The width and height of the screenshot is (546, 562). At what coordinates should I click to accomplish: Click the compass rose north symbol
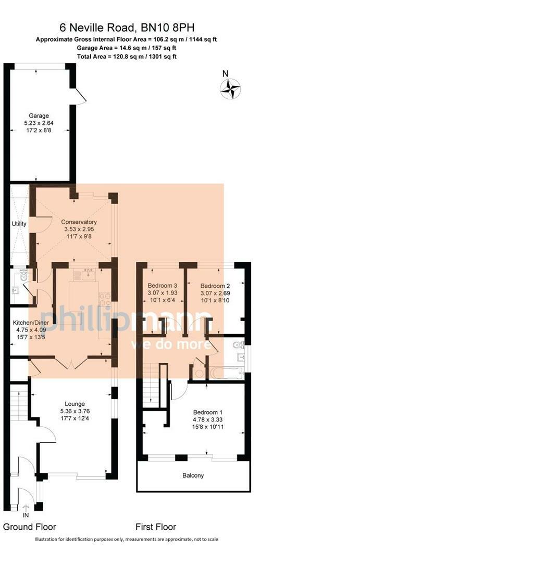230,88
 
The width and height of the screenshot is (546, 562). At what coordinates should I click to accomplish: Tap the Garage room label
39,116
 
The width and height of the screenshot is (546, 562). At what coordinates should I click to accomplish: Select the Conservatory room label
79,222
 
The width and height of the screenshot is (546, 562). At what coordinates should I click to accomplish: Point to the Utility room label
19,224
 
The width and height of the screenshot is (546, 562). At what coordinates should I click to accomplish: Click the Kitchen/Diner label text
31,323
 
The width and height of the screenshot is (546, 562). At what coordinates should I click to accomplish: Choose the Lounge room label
75,404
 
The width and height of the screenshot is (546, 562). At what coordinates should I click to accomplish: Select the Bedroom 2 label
215,286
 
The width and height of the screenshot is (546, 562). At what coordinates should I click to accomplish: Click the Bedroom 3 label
163,286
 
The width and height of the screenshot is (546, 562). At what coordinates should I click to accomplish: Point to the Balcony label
193,476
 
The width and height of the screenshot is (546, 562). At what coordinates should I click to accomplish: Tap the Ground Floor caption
29,527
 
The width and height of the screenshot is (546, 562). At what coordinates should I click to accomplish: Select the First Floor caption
156,527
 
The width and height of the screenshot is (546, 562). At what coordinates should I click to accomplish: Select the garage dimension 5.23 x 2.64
39,123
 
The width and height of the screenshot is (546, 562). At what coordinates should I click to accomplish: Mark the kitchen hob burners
104,299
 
